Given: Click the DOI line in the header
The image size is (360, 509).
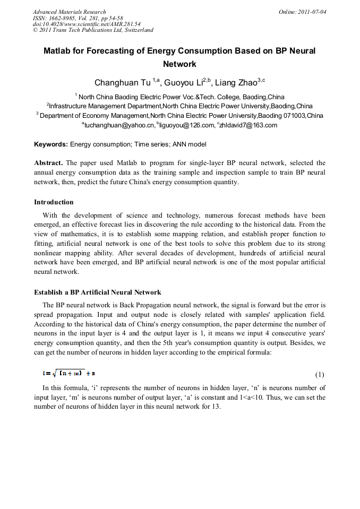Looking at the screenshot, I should pyautogui.click(x=87, y=24).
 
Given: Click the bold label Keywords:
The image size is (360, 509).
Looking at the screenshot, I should pyautogui.click(x=51, y=144).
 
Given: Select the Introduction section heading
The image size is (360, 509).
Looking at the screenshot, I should pyautogui.click(x=54, y=202).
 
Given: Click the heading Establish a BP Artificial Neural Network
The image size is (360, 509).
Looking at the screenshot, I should pyautogui.click(x=98, y=292).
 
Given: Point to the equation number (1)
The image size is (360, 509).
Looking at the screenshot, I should pyautogui.click(x=320, y=375).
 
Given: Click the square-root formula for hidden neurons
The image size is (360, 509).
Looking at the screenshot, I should pyautogui.click(x=69, y=374).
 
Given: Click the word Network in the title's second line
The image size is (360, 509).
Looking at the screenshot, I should pyautogui.click(x=179, y=64).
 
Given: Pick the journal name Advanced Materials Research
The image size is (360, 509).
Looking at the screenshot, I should pyautogui.click(x=70, y=12).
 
